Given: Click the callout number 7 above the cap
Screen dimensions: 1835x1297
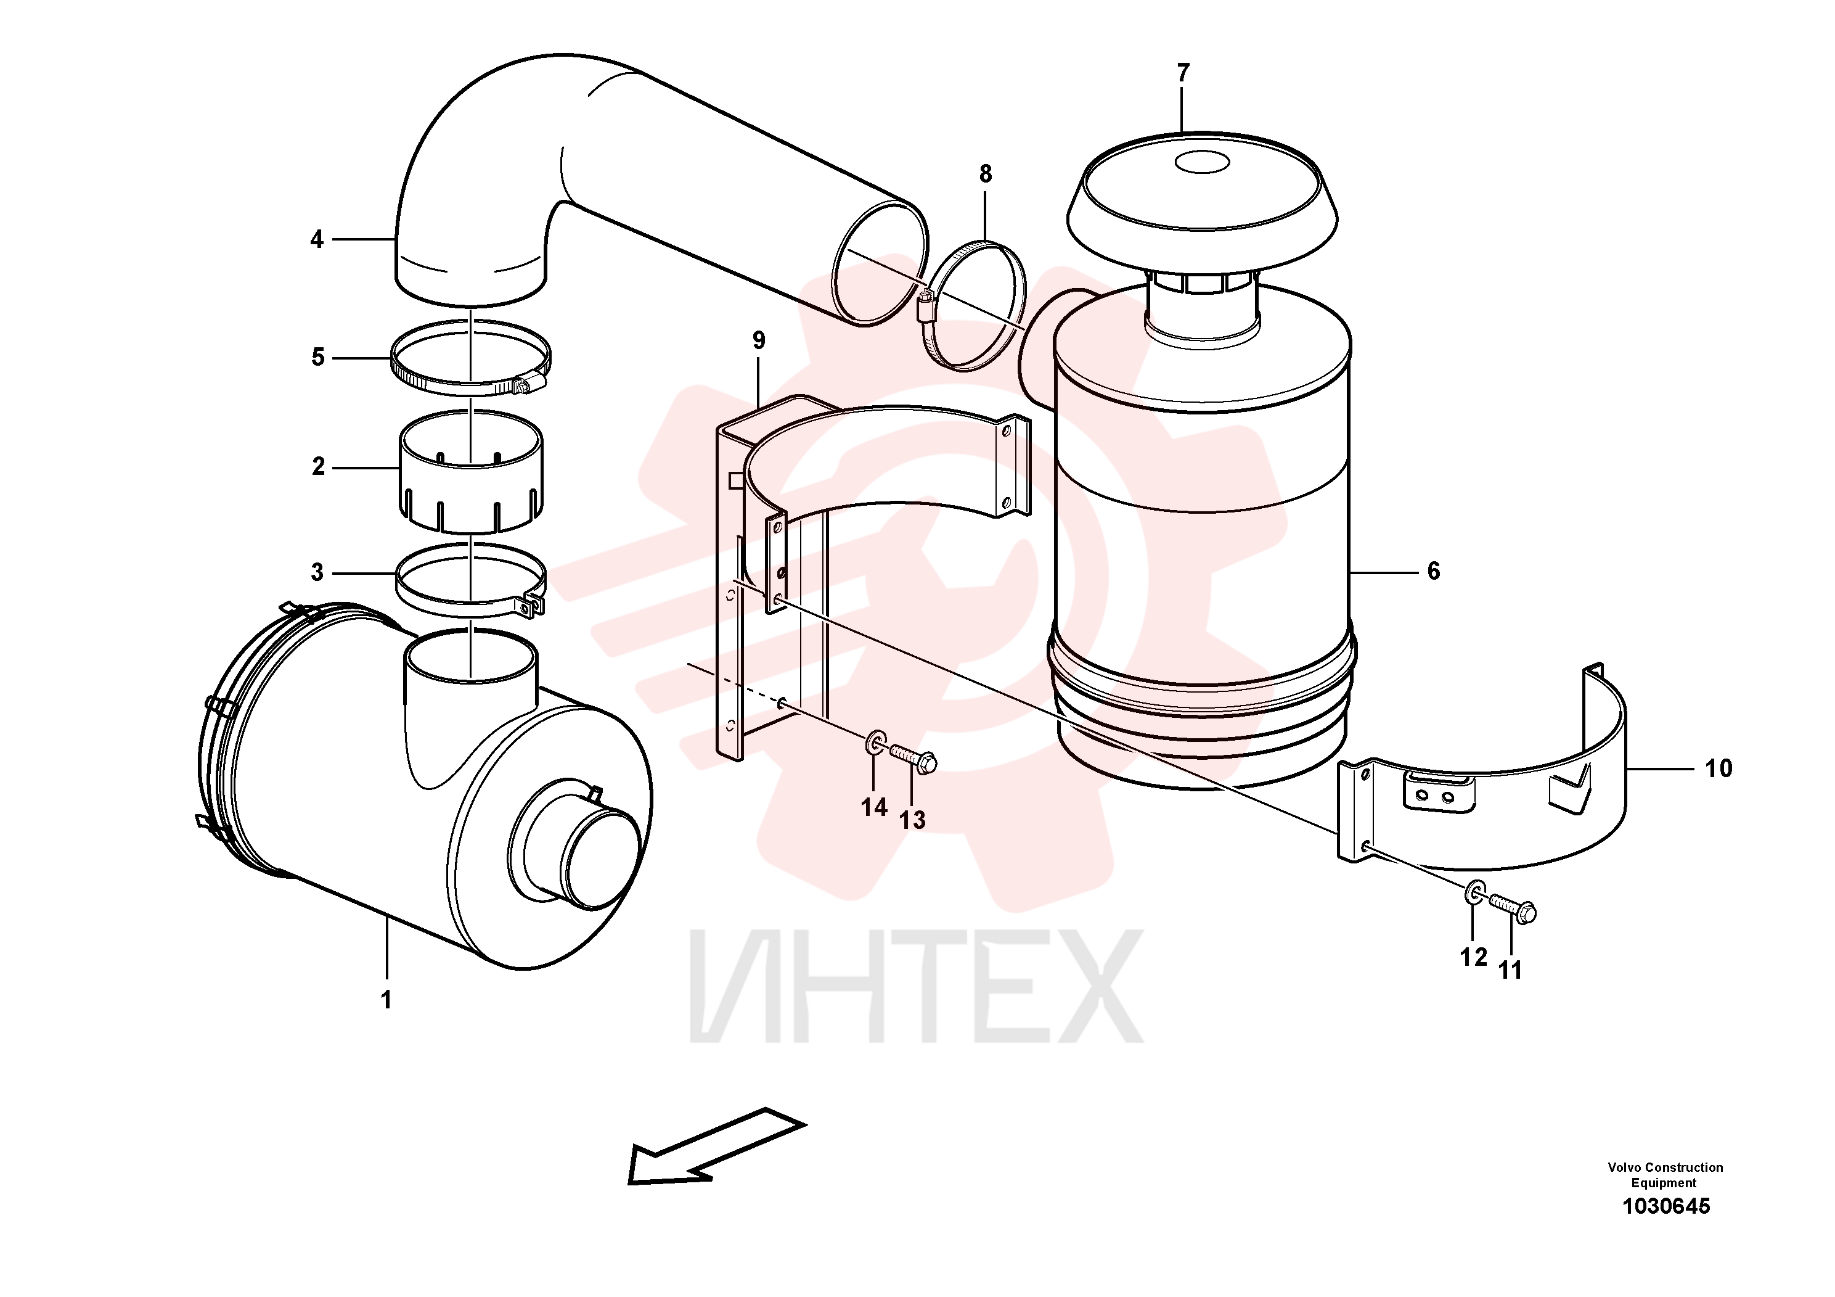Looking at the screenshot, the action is (1183, 73).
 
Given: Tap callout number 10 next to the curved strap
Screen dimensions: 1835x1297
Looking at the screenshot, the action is (1719, 768).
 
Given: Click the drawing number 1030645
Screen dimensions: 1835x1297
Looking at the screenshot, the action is (1665, 1206).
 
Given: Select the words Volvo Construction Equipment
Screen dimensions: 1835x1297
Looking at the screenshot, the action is (1665, 1175).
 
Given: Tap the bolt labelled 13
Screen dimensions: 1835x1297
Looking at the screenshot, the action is (913, 758).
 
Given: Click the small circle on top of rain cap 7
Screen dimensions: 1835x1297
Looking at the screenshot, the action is (1201, 162).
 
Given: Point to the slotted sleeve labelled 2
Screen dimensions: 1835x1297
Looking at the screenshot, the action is (472, 472).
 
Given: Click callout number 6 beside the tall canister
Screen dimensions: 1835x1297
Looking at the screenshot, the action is (1433, 571).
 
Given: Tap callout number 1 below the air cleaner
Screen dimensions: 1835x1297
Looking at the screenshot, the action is (386, 1000).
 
